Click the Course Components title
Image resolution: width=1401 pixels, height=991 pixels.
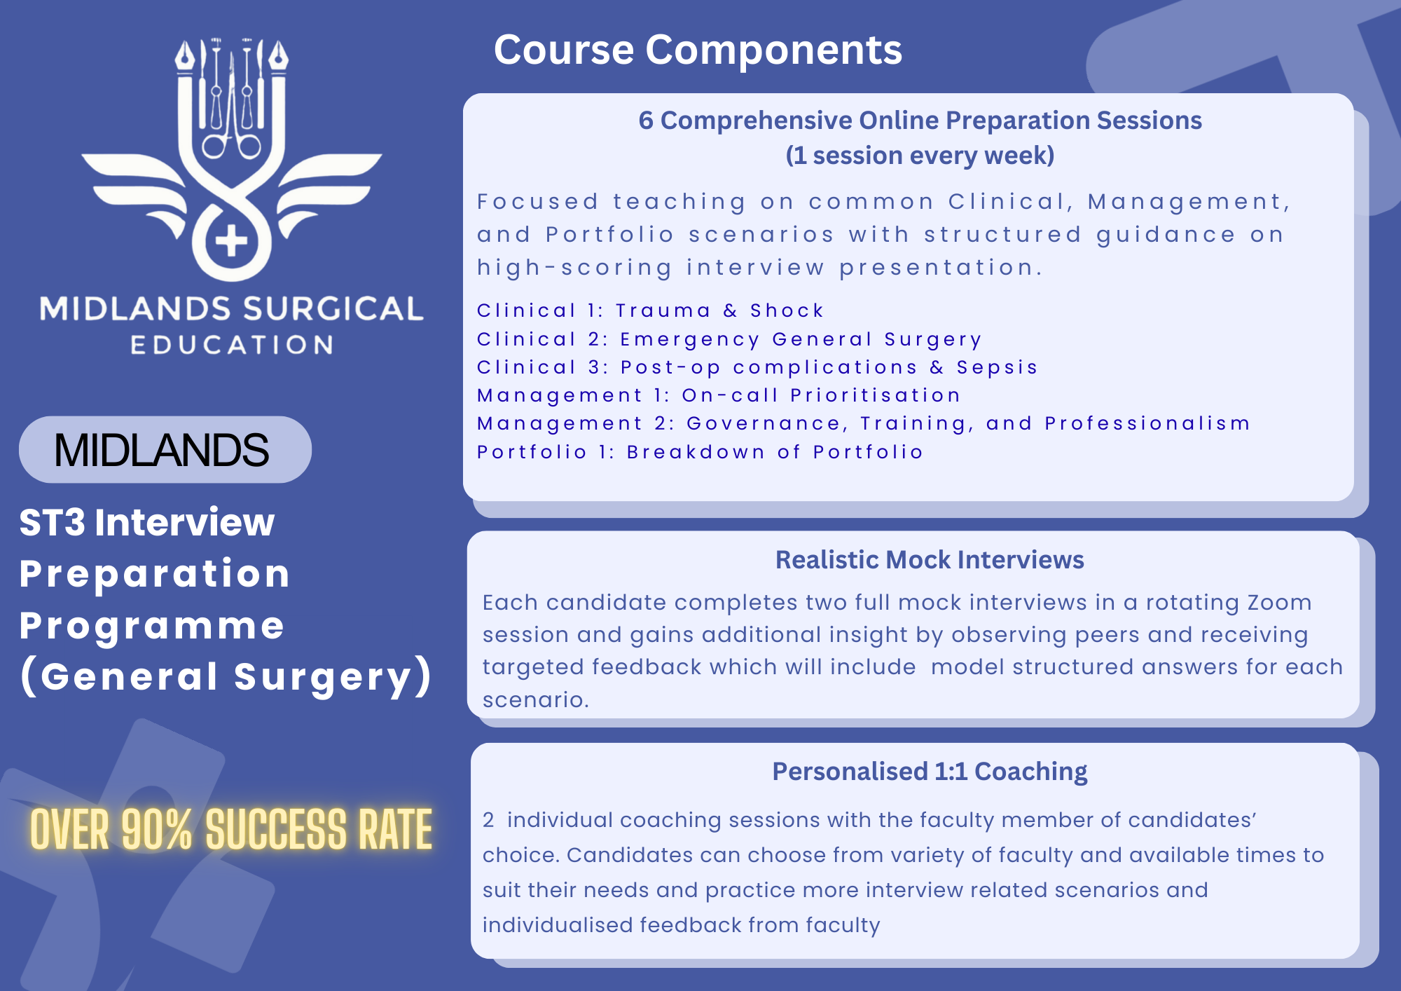[x=698, y=50]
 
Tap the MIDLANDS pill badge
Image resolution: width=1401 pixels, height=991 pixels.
[x=165, y=449]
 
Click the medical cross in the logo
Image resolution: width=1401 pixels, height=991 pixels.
[x=231, y=241]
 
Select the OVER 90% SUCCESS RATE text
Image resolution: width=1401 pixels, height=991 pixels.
[x=231, y=829]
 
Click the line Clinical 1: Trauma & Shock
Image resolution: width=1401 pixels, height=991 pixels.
[x=650, y=310]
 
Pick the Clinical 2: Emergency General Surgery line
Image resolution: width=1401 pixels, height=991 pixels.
[x=729, y=340]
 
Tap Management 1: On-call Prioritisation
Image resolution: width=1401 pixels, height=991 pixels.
[x=719, y=395]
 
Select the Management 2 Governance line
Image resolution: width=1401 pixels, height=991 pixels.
[x=864, y=423]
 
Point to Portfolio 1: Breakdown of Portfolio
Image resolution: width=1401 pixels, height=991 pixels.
[x=700, y=452]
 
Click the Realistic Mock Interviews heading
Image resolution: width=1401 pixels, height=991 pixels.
[x=930, y=560]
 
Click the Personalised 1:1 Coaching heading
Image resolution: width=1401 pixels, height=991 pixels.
[x=930, y=772]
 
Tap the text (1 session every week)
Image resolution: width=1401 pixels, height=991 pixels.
[x=920, y=156]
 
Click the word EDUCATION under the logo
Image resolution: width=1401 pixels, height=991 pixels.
[x=232, y=345]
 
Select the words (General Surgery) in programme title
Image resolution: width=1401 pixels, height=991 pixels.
[x=226, y=677]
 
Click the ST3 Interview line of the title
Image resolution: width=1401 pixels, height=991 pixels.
[x=147, y=523]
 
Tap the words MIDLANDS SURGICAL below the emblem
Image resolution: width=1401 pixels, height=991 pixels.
[x=232, y=309]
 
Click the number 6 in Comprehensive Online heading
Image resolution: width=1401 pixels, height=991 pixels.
[x=646, y=121]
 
